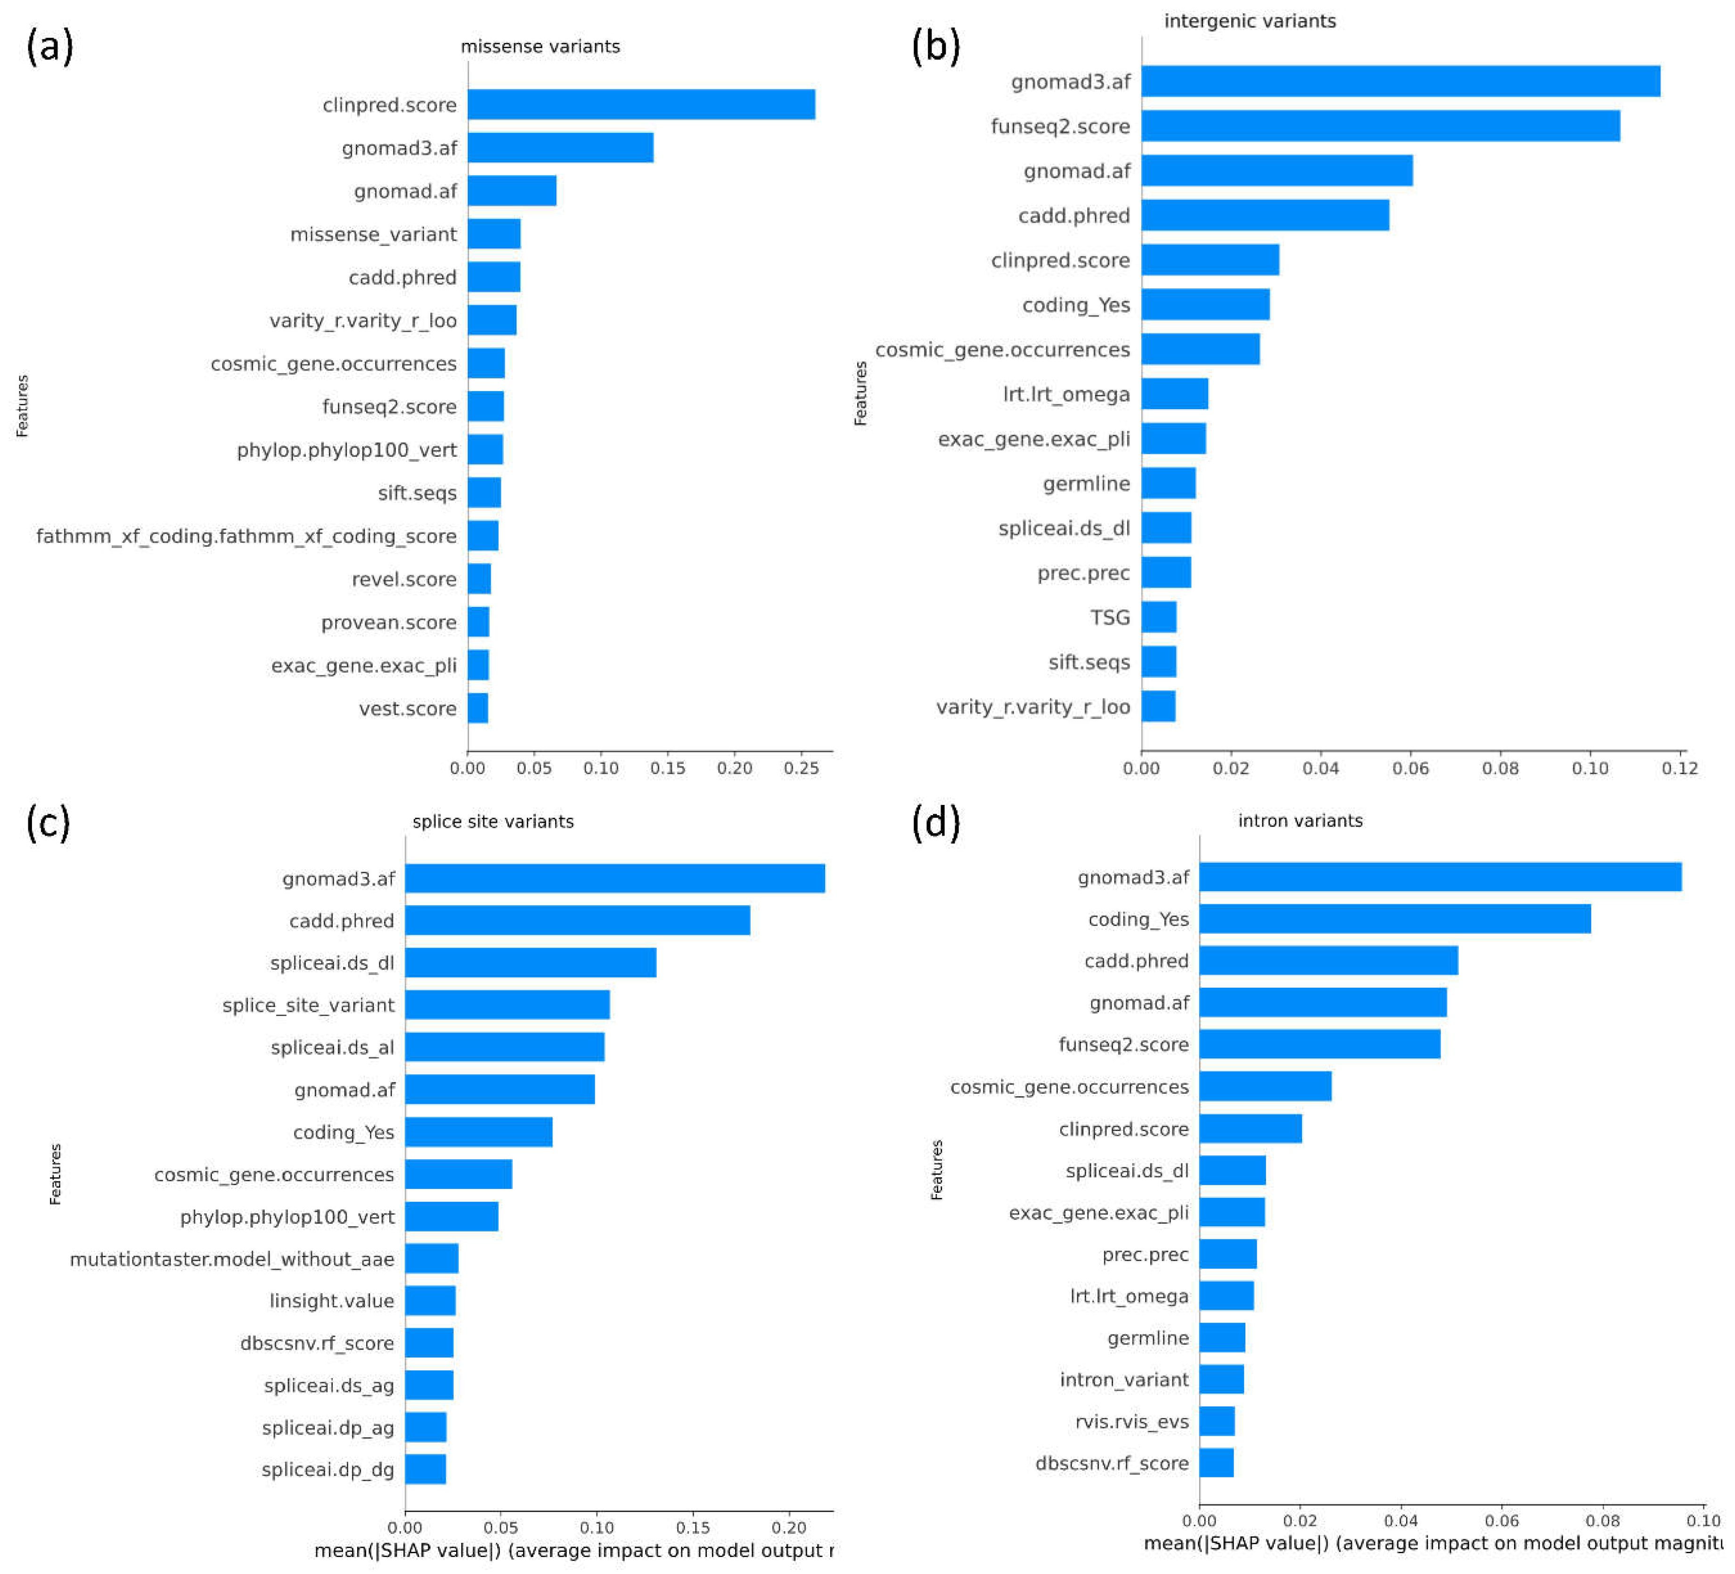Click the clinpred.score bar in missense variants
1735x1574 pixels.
click(641, 104)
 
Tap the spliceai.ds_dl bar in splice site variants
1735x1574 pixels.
click(530, 962)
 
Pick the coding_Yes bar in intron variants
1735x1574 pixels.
click(1394, 918)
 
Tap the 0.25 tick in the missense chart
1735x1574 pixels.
click(801, 768)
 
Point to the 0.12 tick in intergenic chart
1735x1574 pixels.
click(1679, 768)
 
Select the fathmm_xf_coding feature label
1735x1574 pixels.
click(246, 536)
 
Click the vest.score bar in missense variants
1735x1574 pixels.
click(478, 708)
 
